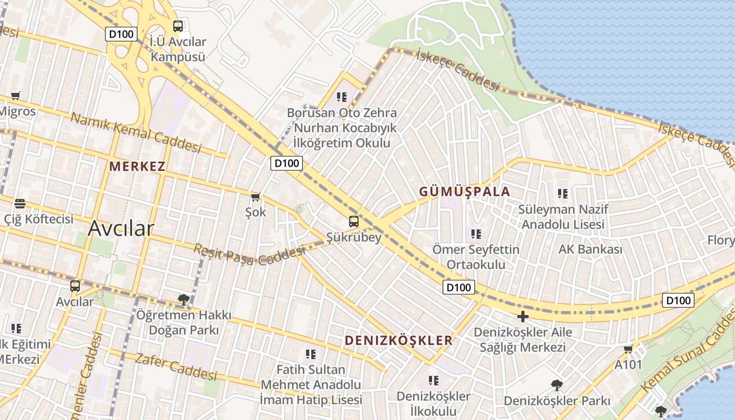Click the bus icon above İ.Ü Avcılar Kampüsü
[178, 26]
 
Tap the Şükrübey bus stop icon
[354, 222]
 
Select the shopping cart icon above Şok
[256, 197]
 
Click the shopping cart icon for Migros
[16, 96]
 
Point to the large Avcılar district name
[121, 228]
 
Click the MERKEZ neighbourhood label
[137, 166]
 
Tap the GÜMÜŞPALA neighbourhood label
[465, 192]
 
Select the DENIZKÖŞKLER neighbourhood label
[398, 340]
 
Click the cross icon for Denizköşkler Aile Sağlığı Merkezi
[522, 317]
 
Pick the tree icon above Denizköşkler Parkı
[556, 385]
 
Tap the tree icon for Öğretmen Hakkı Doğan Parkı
[183, 300]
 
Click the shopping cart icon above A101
[628, 349]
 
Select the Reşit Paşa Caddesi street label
[249, 255]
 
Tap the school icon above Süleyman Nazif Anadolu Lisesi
[563, 193]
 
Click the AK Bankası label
[590, 249]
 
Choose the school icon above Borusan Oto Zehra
[342, 97]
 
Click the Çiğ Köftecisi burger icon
[20, 203]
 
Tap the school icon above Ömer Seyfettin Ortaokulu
[476, 234]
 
